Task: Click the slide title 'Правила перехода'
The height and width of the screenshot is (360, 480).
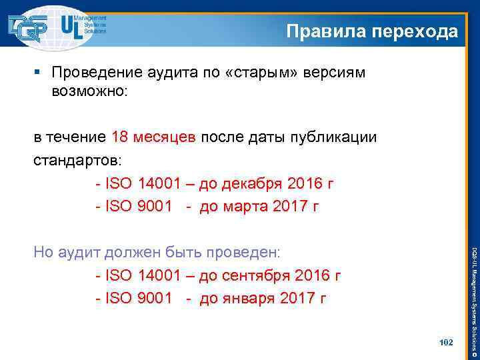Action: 372,31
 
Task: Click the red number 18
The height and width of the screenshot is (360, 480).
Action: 121,137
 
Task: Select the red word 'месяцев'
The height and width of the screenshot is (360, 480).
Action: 165,138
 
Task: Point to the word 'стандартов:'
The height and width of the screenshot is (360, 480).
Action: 78,161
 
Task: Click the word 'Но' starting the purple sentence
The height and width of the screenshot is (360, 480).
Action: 45,253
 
